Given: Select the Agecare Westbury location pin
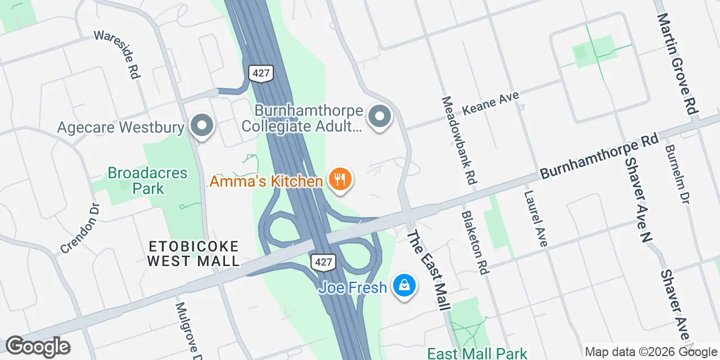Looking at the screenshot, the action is [201, 126].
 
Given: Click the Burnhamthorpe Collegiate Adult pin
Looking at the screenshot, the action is [379, 117].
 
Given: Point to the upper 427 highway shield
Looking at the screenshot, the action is [261, 73].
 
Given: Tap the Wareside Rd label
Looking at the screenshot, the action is [116, 55].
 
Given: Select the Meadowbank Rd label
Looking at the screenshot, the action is [459, 141].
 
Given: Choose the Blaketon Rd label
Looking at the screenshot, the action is [475, 242].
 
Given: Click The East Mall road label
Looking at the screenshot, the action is [429, 271].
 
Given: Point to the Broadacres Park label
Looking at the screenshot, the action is [147, 180].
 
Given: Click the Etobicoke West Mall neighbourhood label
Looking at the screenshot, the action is [193, 254].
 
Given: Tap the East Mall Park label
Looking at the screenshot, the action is [477, 353].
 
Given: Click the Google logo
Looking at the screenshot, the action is [38, 346].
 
